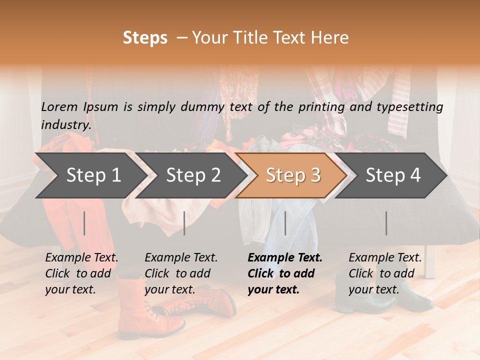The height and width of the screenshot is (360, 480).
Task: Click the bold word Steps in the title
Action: click(x=145, y=38)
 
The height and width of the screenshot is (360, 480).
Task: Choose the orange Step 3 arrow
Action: click(x=293, y=175)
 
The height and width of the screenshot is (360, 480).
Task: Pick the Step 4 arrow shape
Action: click(x=393, y=175)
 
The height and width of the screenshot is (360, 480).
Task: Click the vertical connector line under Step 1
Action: click(x=84, y=223)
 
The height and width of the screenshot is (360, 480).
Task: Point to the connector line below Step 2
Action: click(x=184, y=223)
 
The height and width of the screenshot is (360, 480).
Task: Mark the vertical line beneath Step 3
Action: click(x=285, y=223)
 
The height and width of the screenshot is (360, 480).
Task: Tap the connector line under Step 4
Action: click(x=386, y=223)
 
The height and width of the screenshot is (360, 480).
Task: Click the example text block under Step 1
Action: click(x=81, y=273)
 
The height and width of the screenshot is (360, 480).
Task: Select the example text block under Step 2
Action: click(x=181, y=273)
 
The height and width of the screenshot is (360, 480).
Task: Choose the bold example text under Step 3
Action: click(x=285, y=273)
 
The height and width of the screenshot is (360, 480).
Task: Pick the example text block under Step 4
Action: click(x=385, y=273)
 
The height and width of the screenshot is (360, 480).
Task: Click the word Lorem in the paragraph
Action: click(x=59, y=106)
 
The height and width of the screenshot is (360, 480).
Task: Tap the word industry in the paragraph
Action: click(x=66, y=124)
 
